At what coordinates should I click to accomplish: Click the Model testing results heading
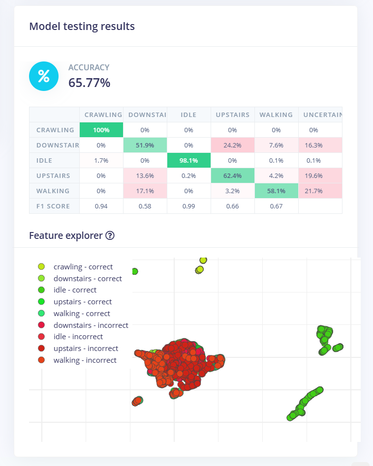pyautogui.click(x=82, y=27)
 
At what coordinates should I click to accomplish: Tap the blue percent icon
pyautogui.click(x=44, y=76)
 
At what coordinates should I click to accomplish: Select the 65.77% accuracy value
pyautogui.click(x=89, y=83)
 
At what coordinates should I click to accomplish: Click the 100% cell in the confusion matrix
pyautogui.click(x=101, y=130)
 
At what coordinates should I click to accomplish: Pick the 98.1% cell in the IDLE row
pyautogui.click(x=188, y=160)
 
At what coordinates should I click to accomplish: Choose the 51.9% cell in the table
pyautogui.click(x=145, y=146)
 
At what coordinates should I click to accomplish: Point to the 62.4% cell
pyautogui.click(x=232, y=175)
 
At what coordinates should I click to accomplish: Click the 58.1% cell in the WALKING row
pyautogui.click(x=276, y=191)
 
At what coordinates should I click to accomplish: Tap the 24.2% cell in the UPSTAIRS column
pyautogui.click(x=232, y=146)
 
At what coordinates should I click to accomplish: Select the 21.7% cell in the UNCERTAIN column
pyautogui.click(x=320, y=191)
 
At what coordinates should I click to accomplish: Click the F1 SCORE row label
pyautogui.click(x=54, y=206)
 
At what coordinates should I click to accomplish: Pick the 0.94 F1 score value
pyautogui.click(x=101, y=206)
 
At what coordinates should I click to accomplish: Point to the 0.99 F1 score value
pyautogui.click(x=188, y=206)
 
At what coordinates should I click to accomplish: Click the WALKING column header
pyautogui.click(x=276, y=115)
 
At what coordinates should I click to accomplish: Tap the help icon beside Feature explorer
pyautogui.click(x=110, y=235)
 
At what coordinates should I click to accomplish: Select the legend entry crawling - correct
pyautogui.click(x=83, y=267)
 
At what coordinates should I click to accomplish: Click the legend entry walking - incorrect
pyautogui.click(x=85, y=360)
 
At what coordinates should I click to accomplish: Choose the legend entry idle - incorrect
pyautogui.click(x=78, y=337)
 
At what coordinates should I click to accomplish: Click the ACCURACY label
pyautogui.click(x=89, y=68)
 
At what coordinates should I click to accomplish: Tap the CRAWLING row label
pyautogui.click(x=54, y=130)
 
